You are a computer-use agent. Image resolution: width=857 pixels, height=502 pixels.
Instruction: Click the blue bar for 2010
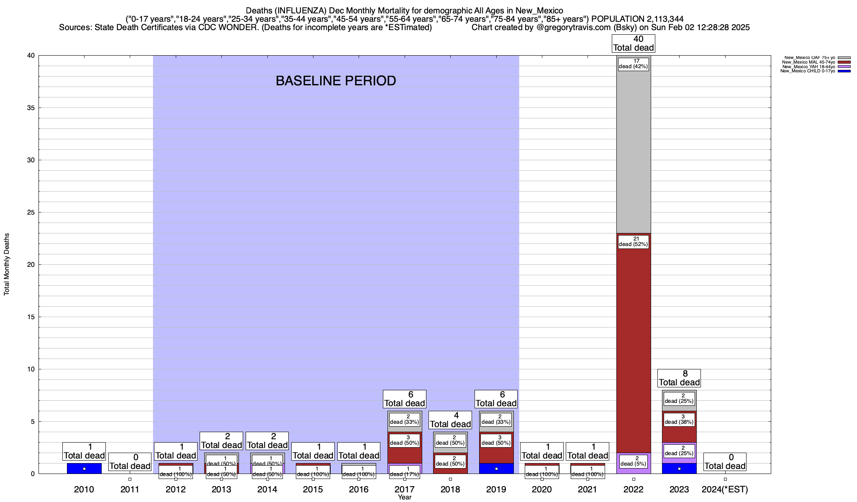84,468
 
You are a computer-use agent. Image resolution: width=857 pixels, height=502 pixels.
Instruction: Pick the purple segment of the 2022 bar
634,469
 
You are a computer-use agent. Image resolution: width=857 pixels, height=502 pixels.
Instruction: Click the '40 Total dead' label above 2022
634,44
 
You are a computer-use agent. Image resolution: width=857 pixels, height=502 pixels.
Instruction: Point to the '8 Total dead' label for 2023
679,378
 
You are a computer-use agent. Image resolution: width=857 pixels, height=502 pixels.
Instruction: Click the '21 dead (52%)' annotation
633,242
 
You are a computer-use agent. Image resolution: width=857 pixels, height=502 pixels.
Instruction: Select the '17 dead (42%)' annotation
633,64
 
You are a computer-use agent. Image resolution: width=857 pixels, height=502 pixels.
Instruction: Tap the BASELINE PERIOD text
336,81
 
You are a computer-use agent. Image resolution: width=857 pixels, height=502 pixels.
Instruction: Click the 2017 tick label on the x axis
405,489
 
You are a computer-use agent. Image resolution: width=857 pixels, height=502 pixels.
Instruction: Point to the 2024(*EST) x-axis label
725,489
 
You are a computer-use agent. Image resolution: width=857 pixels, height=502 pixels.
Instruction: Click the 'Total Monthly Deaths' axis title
7,264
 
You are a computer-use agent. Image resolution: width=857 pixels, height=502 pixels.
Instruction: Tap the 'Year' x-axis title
405,497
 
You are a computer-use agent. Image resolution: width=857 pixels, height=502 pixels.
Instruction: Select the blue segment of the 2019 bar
496,468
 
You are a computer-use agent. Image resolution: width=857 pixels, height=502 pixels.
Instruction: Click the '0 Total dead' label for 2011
130,462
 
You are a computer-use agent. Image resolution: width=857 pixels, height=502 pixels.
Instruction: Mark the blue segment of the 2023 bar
679,468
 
